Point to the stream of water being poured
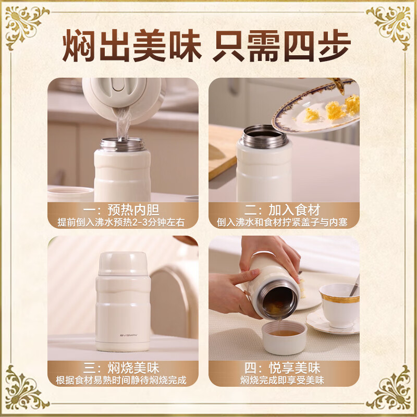123,125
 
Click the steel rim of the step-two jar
264,137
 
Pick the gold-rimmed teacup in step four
339,304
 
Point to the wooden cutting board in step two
222,151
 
